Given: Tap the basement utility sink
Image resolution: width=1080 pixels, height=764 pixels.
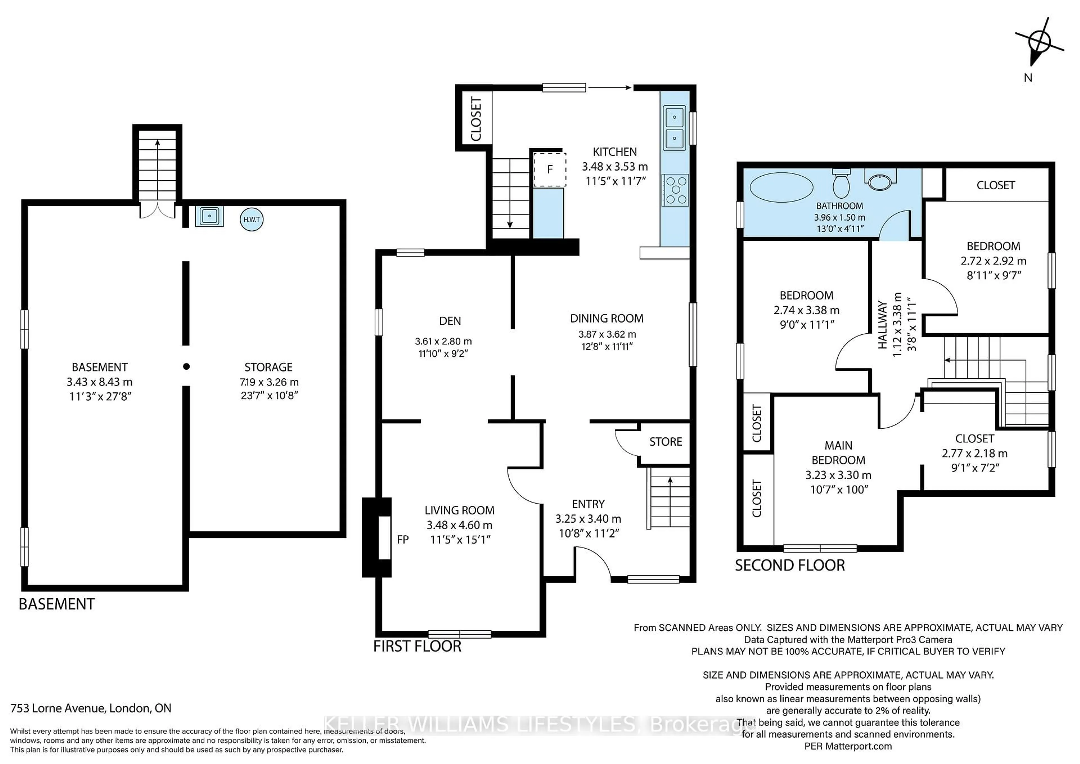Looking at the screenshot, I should click(209, 216).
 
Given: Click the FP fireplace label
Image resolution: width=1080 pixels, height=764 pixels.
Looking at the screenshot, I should click(403, 540).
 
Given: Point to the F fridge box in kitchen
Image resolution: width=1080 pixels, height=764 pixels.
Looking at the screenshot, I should click(549, 169).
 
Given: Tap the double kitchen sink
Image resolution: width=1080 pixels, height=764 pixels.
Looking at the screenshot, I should click(674, 127).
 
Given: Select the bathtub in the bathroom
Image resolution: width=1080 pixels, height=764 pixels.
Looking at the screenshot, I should click(781, 187).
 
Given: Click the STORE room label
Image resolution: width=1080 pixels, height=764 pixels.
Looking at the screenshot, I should click(665, 442).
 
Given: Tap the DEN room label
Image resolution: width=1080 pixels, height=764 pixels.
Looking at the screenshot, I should click(450, 321).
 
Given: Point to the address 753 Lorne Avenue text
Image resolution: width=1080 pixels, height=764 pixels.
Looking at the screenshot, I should click(91, 708).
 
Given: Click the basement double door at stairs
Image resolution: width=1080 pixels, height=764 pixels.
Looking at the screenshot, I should click(157, 210).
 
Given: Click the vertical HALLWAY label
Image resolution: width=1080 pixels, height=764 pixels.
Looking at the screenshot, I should click(883, 325).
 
